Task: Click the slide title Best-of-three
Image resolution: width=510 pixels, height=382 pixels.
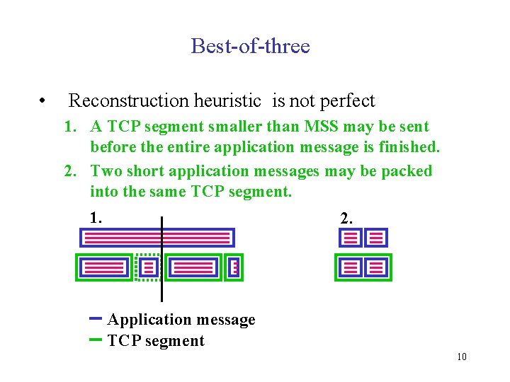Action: pos(250,47)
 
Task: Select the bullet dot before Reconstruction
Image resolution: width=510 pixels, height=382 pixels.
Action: pos(43,101)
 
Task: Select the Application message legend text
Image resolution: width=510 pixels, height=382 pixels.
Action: pos(181,320)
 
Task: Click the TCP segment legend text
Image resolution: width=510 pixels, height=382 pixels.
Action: pos(156,341)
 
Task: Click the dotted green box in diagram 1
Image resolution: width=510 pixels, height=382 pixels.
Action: pos(148,267)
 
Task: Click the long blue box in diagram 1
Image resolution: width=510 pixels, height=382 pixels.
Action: pos(155,238)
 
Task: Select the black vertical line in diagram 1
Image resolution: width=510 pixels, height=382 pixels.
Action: pos(162,283)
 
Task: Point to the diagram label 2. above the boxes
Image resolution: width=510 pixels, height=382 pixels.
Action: pos(346,219)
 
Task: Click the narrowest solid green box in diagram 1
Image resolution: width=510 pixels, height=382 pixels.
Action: pos(235,267)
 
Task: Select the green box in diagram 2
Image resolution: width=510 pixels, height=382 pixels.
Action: pos(363,267)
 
